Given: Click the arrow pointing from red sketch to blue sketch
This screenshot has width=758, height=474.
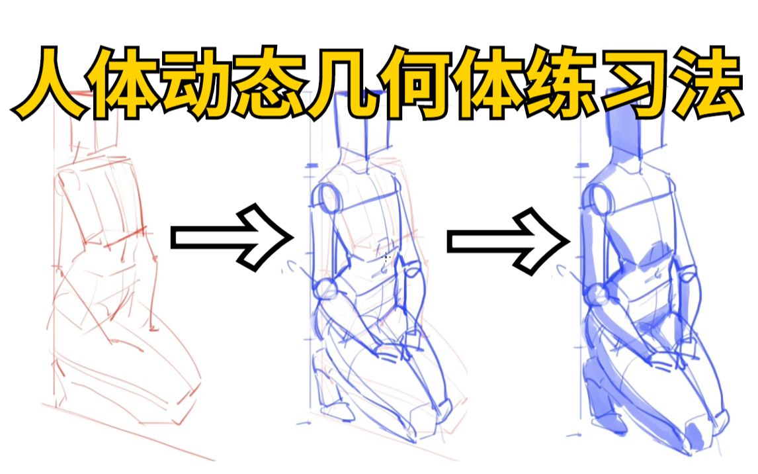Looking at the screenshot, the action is (x=232, y=238).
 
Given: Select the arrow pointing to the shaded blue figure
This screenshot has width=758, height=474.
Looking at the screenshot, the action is (x=507, y=240).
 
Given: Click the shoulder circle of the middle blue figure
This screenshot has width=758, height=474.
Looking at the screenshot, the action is (x=329, y=199).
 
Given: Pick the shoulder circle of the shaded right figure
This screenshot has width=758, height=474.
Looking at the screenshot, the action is (x=599, y=199).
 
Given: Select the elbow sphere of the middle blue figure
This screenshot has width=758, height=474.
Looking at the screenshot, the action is (x=326, y=290).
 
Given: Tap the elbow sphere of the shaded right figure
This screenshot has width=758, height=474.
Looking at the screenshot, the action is (x=597, y=294).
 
